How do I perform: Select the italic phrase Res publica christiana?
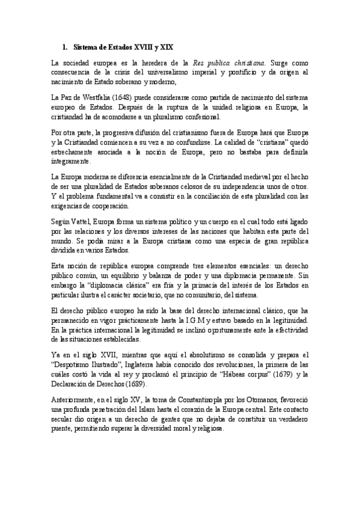230,63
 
